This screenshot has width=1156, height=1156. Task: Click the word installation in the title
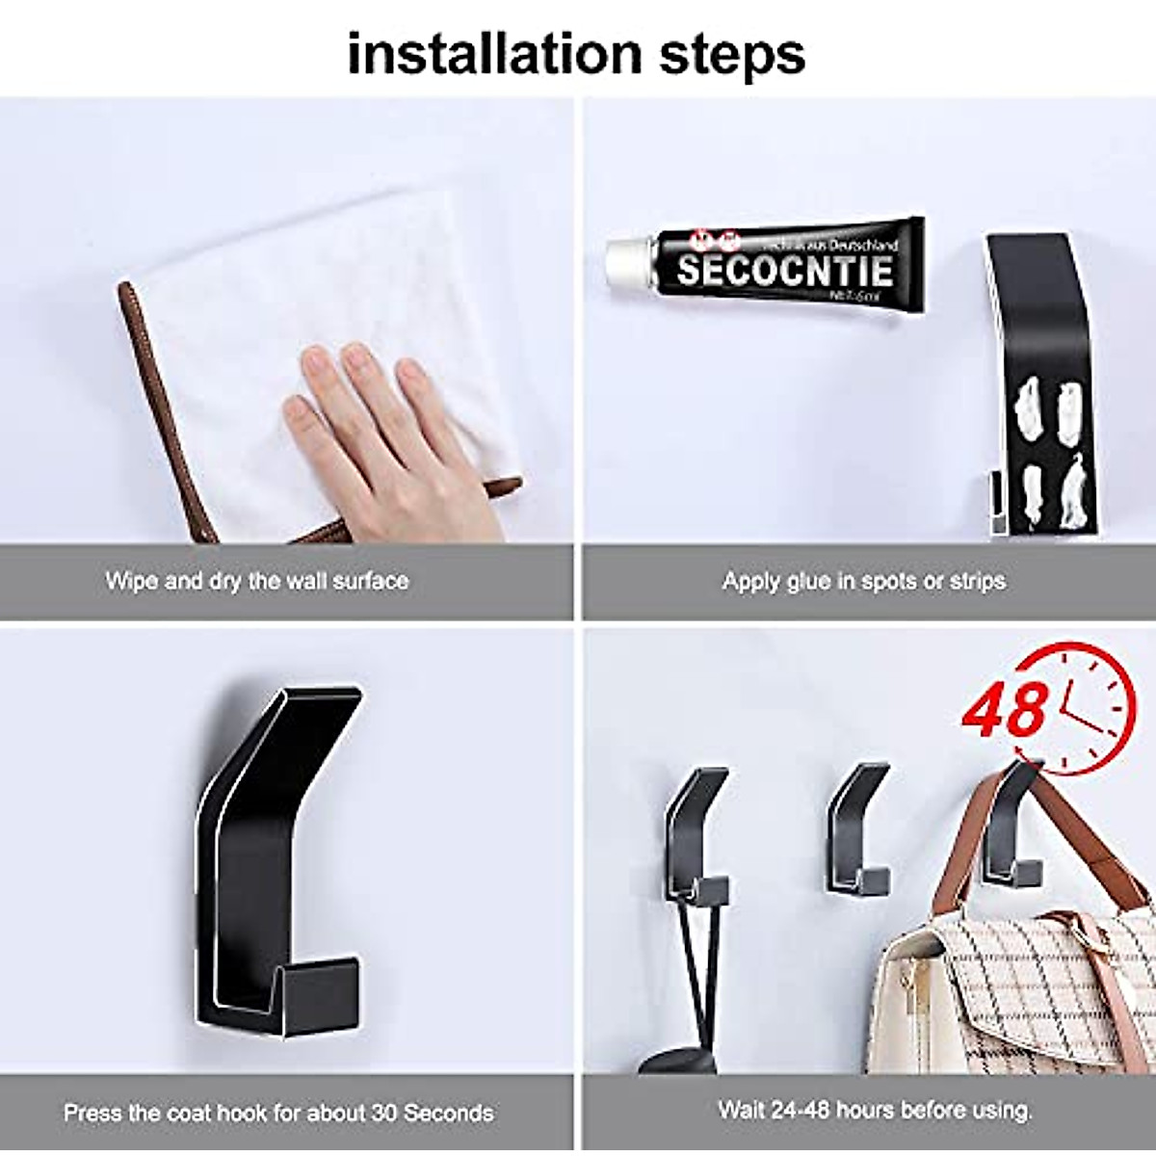[x=493, y=54]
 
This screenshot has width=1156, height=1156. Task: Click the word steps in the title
[x=732, y=56]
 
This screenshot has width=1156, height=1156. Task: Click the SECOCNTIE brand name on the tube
[x=785, y=269]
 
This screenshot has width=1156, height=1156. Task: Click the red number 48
[x=1005, y=710]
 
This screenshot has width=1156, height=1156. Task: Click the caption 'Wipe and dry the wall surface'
[x=256, y=581]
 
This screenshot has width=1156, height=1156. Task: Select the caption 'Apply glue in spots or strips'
[x=863, y=581]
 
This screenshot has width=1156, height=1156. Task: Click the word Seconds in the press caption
[x=448, y=1113]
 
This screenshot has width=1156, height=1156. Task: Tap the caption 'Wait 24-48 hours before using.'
[x=875, y=1109]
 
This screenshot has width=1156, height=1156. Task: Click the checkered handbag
[x=1011, y=992]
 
